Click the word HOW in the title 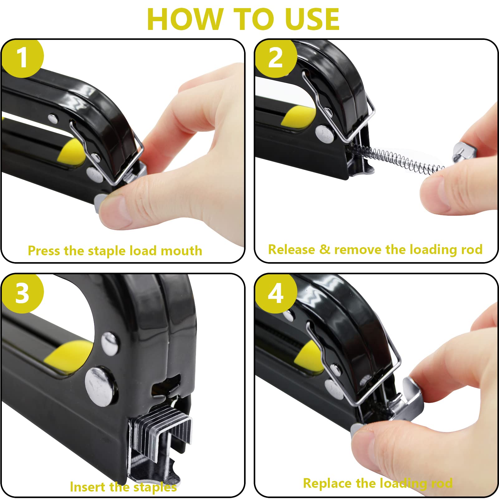(x=185, y=19)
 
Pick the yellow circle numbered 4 (x=276, y=293)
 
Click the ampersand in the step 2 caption (x=325, y=249)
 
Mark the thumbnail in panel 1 (x=114, y=209)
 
